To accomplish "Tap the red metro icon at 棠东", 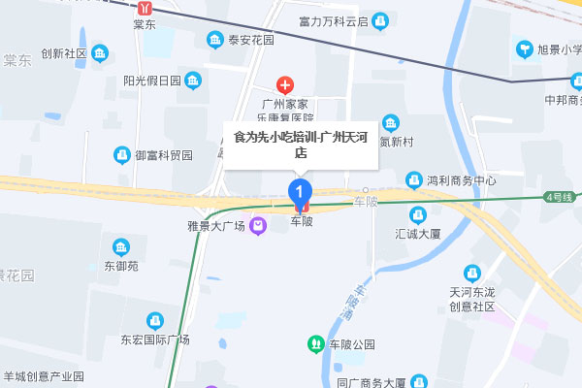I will click(145, 6).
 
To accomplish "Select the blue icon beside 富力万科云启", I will click(380, 20).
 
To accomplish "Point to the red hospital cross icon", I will click(285, 84).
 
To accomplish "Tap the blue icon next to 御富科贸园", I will click(122, 154).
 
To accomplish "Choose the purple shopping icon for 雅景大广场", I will click(258, 227).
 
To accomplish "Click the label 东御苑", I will click(121, 266).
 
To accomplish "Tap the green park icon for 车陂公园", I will click(315, 343).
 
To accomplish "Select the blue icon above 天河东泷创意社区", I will click(472, 273).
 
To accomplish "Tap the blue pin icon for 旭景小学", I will click(525, 48).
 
